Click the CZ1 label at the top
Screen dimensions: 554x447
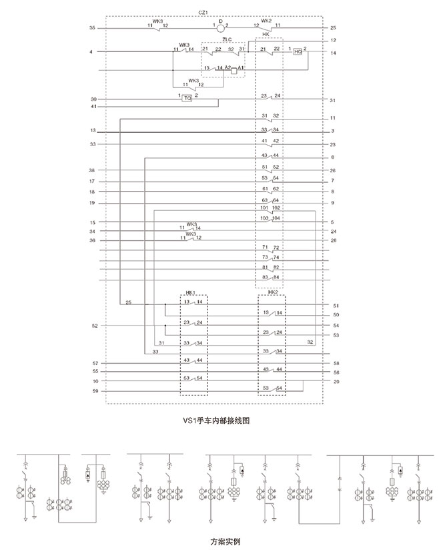(203, 13)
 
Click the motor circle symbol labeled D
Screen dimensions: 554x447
(221, 28)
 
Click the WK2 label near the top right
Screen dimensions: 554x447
(266, 21)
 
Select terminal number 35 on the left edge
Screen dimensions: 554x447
(92, 28)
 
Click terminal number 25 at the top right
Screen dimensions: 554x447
(333, 28)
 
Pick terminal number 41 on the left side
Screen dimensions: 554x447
(93, 107)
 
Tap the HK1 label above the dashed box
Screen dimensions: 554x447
(190, 293)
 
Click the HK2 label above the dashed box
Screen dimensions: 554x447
(272, 292)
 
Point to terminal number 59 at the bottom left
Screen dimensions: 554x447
(95, 391)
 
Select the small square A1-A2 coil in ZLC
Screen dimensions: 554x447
(234, 70)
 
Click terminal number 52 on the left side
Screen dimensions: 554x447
(95, 326)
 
